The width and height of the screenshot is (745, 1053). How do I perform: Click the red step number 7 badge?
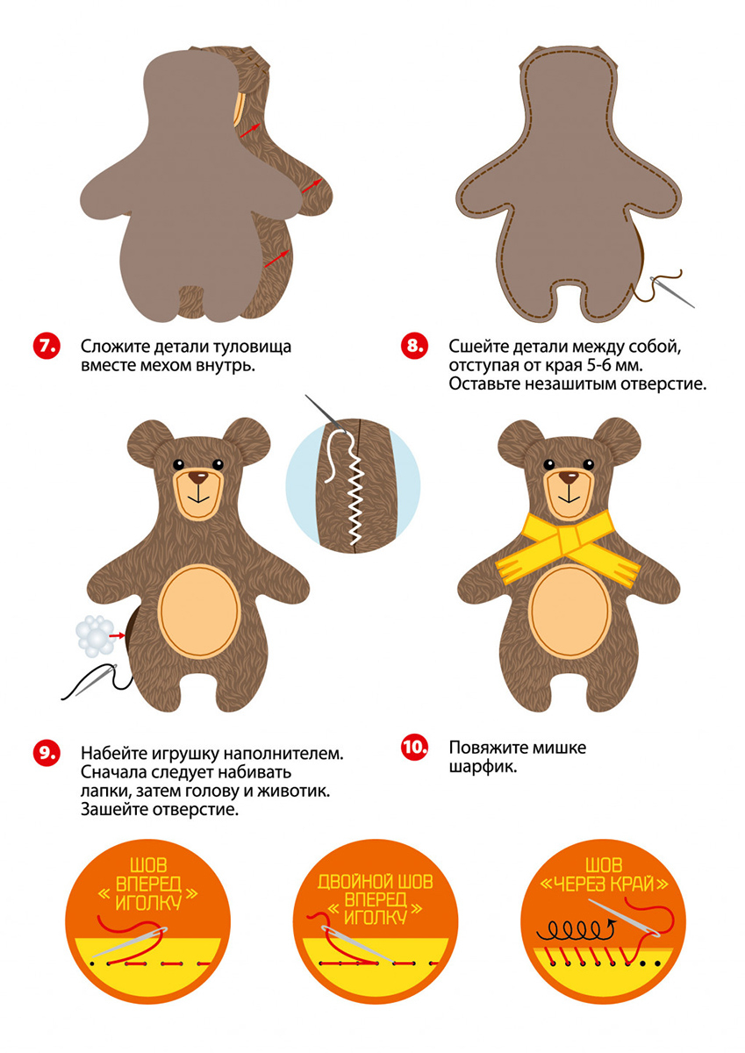[47, 347]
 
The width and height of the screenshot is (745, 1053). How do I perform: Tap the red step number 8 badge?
[414, 347]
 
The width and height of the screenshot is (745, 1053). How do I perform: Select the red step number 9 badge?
[47, 753]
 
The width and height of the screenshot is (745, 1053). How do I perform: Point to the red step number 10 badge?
[414, 747]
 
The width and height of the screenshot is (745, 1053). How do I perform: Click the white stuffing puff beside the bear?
[96, 635]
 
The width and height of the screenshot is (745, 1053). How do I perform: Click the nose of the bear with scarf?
[569, 478]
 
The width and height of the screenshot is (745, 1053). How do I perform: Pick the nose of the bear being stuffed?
[198, 478]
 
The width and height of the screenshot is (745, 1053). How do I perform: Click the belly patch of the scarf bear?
[569, 611]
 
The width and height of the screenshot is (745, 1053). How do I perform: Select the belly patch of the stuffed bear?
[198, 611]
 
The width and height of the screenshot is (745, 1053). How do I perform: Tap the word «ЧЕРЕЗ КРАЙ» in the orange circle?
[604, 885]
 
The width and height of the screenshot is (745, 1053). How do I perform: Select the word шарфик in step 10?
[483, 767]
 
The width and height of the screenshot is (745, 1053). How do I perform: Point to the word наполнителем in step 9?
[283, 753]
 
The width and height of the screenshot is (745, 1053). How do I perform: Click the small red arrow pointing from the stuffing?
[117, 635]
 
